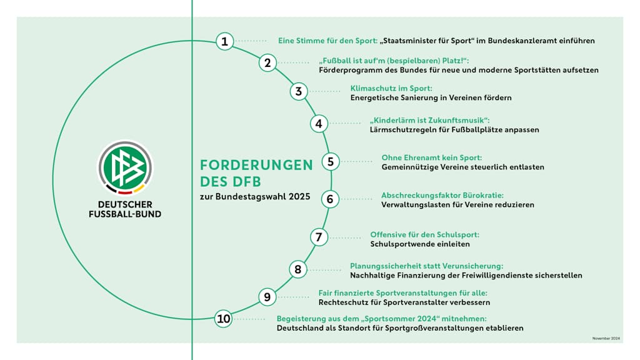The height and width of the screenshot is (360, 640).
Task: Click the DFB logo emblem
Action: pos(125,167)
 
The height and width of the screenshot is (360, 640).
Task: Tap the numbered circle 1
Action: pos(224,42)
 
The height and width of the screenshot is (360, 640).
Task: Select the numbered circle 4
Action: pos(319,124)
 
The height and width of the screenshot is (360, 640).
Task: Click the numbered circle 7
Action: pos(319,237)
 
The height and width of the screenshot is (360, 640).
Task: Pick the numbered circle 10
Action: pos(223,319)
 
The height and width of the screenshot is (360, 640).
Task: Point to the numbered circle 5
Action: pos(331,162)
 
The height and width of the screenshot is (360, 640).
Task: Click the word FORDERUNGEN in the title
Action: pos(256,165)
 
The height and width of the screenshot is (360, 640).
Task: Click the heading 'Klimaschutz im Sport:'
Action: pos(391,88)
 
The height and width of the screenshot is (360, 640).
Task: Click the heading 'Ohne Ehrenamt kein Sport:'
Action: pos(431,157)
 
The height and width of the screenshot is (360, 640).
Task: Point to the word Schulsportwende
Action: pos(401,244)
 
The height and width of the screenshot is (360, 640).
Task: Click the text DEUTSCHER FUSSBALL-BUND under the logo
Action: pos(125,209)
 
